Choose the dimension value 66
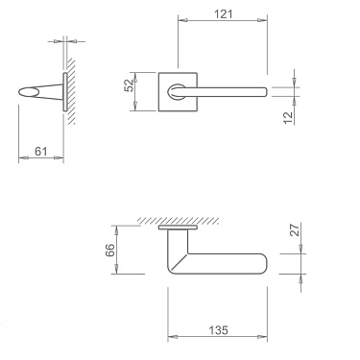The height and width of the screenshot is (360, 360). coord(110,250)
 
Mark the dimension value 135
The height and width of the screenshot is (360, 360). coord(218,330)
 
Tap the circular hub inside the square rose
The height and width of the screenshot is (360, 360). coord(179,91)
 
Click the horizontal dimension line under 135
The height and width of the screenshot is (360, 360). coord(218,338)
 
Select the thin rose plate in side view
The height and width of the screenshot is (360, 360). coord(63,92)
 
